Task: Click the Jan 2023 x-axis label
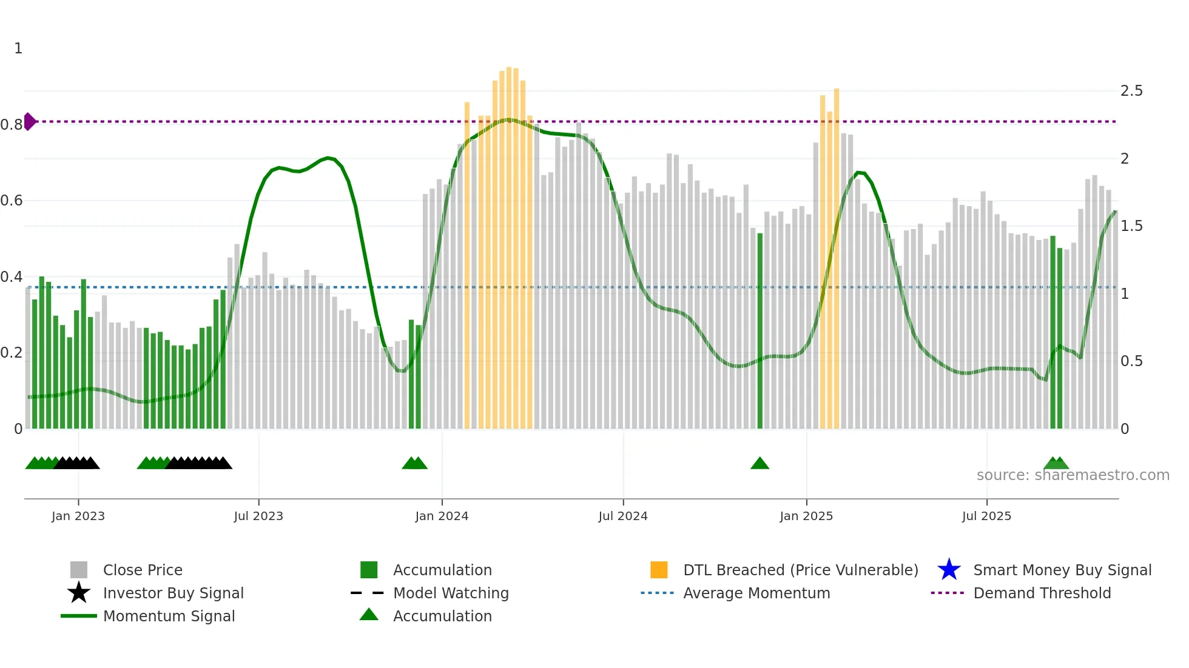point(78,516)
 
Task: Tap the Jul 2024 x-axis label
point(623,516)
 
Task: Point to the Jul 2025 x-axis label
point(986,516)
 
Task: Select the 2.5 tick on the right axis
point(1131,91)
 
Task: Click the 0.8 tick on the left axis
point(12,125)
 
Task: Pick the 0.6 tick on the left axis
point(12,201)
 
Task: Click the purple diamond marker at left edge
point(29,121)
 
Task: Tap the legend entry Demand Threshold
point(1042,593)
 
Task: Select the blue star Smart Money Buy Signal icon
point(949,570)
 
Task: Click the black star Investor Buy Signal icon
point(79,593)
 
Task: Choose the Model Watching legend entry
point(451,593)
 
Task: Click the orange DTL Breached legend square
point(659,570)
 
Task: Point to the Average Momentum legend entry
point(756,593)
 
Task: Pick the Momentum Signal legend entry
point(169,616)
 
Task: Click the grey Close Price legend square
point(79,570)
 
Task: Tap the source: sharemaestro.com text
point(1073,475)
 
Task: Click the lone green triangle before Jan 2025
point(760,464)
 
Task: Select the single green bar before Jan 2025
point(760,330)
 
